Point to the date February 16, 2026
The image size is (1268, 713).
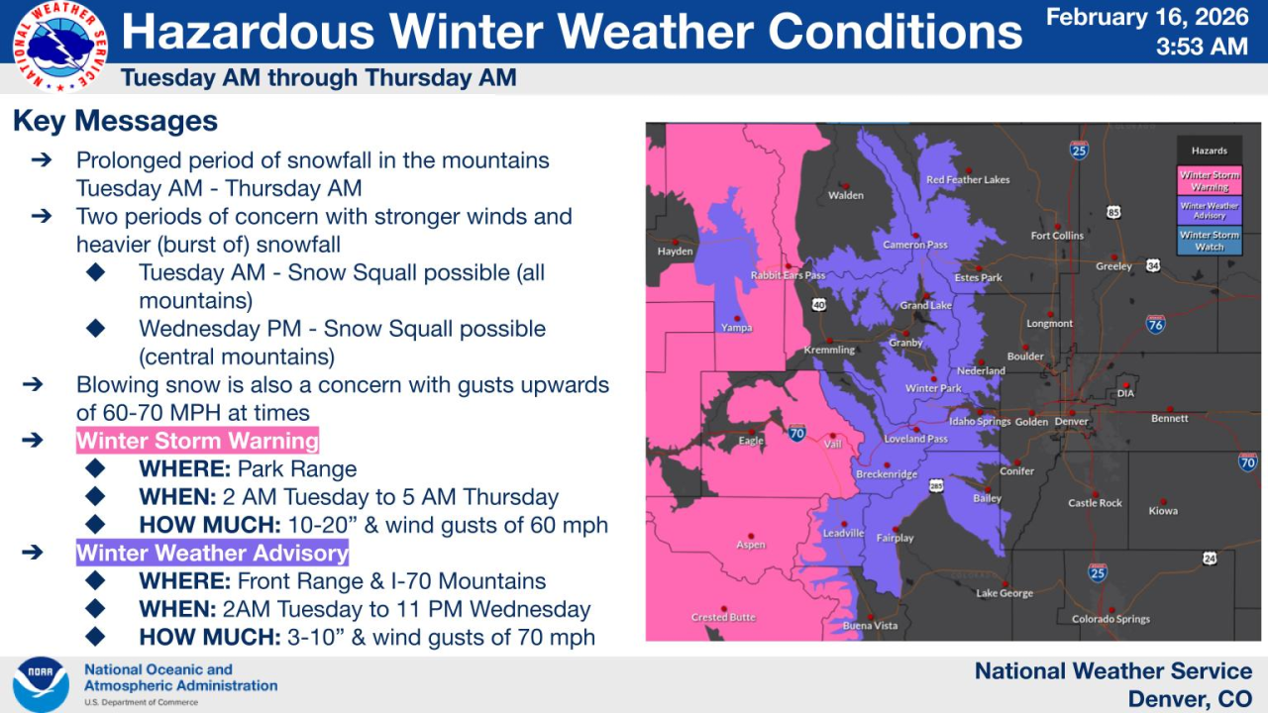tap(1147, 17)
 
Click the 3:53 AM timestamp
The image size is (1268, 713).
tap(1201, 47)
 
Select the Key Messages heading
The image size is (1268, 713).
tap(115, 122)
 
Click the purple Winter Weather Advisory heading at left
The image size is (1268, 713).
tap(212, 553)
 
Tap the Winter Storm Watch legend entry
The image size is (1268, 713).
tap(1209, 241)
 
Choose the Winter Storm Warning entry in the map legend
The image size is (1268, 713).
tap(1209, 181)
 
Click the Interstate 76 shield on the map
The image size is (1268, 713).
tap(1155, 324)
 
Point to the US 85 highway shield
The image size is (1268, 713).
tap(1114, 212)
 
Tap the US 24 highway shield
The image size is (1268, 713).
tap(1209, 559)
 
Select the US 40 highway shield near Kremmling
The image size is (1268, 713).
tap(818, 305)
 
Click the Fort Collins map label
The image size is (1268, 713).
tap(1057, 236)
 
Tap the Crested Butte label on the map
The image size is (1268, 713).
tap(723, 617)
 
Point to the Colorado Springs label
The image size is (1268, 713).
tap(1110, 619)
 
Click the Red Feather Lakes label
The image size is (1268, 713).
tap(968, 179)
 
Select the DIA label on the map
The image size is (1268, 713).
tap(1125, 393)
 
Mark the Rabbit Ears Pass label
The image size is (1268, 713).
tap(788, 275)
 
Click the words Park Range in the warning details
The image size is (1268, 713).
tap(297, 468)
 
